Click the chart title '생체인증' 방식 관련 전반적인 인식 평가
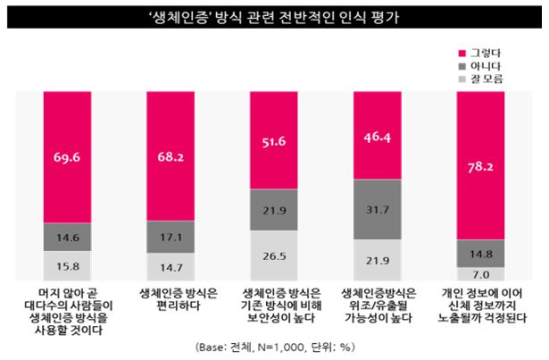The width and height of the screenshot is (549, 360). [x=274, y=16]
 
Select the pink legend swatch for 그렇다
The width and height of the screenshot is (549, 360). [x=461, y=52]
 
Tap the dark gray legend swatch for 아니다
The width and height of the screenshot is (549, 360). [x=461, y=65]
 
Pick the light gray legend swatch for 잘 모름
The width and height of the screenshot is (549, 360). [x=461, y=79]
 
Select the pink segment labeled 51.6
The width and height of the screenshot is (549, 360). [x=274, y=140]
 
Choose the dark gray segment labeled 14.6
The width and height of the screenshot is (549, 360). [x=68, y=237]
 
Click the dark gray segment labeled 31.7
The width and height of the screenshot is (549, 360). [x=378, y=210]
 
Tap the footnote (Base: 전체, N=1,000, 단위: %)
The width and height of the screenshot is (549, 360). [x=274, y=346]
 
